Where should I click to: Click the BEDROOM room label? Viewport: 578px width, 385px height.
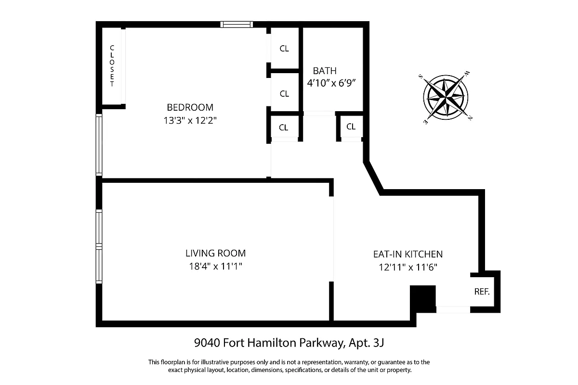pos(190,107)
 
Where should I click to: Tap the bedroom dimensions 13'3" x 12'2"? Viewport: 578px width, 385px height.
pos(190,121)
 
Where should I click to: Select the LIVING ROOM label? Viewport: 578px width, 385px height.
pos(215,253)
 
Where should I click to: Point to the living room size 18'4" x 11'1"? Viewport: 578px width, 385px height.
pos(215,267)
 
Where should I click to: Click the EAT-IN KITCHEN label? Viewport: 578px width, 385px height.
pos(407,254)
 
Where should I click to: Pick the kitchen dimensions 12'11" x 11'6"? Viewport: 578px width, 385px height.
pos(407,268)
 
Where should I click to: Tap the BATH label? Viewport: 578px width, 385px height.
pos(325,71)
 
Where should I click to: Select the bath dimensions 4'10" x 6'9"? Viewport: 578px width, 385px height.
pos(331,83)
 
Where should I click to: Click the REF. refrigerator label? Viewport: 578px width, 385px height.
pos(482,291)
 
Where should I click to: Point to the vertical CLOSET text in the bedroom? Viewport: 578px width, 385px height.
pos(112,66)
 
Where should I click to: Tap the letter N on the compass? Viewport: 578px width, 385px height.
pos(469,118)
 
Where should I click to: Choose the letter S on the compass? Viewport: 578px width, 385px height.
pos(420,76)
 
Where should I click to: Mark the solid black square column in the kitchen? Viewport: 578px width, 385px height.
pos(422,298)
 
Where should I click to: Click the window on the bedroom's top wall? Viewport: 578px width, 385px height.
pos(236,25)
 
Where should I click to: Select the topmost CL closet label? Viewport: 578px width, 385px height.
pos(284,49)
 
